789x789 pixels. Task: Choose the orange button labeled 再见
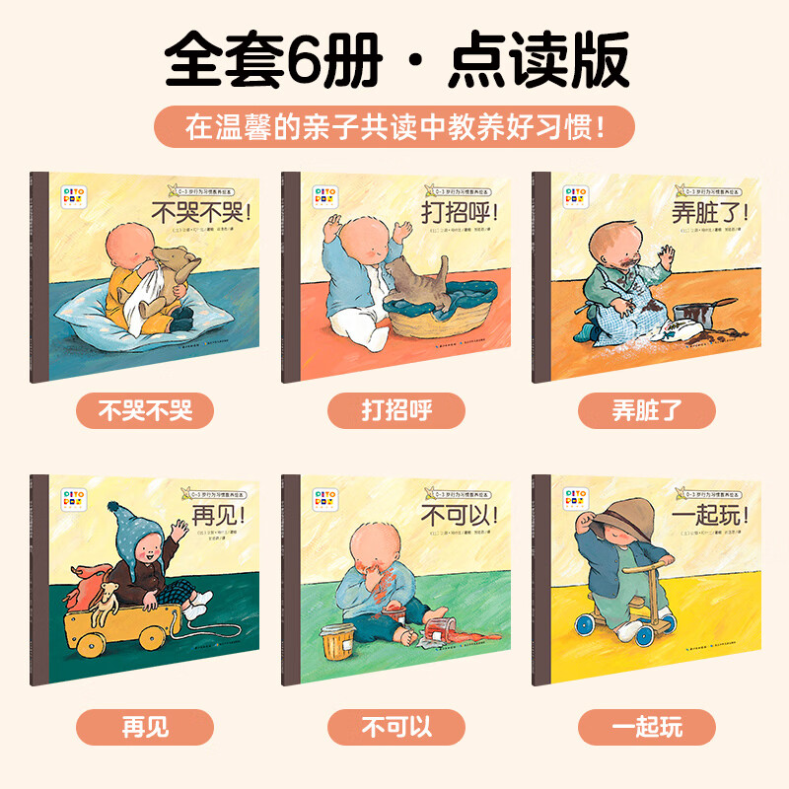click(144, 729)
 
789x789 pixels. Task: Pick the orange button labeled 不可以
click(394, 729)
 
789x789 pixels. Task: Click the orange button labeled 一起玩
click(647, 729)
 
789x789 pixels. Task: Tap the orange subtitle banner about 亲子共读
click(394, 126)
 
